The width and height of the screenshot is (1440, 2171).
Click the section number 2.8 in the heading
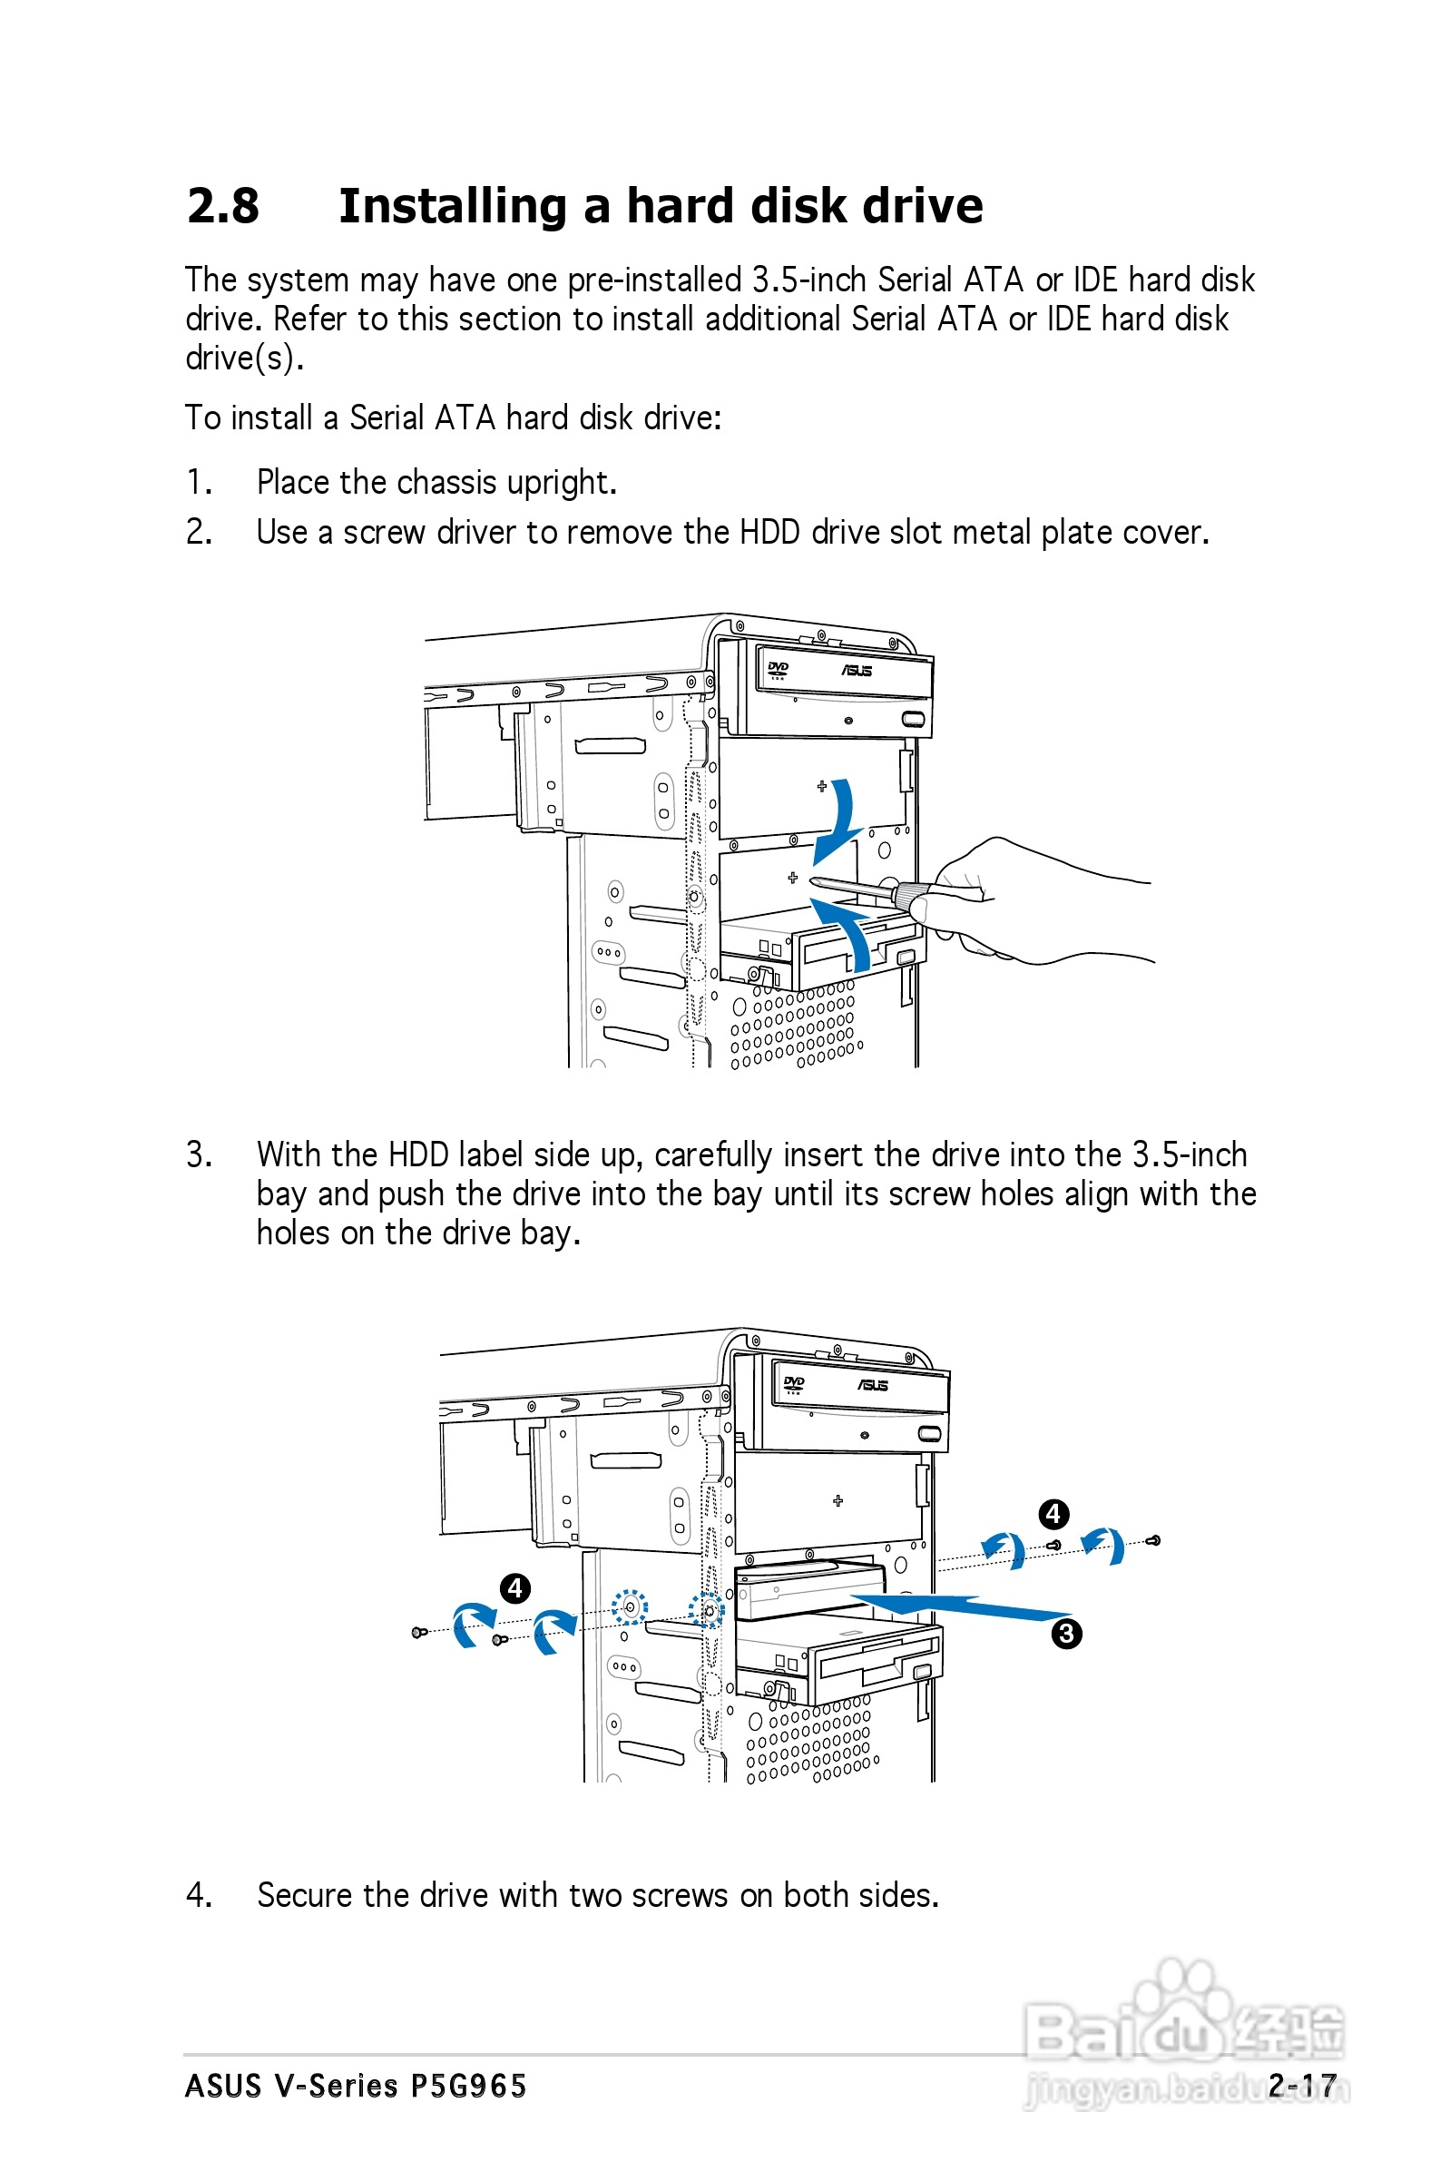223,206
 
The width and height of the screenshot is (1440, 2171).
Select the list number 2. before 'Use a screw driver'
200,532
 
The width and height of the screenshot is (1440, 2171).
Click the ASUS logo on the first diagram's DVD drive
856,671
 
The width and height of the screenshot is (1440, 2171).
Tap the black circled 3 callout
1066,1633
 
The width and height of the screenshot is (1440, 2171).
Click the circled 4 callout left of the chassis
515,1587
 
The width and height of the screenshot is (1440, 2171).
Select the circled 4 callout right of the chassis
1053,1514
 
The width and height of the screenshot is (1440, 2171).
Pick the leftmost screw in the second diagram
419,1631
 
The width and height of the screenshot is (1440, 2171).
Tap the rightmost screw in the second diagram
1155,1540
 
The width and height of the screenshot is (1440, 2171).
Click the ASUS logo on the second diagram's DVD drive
873,1385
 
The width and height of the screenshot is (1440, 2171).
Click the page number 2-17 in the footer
1301,2085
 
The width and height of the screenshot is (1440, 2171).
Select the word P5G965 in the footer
468,2085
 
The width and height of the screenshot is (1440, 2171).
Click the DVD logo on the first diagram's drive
778,669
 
